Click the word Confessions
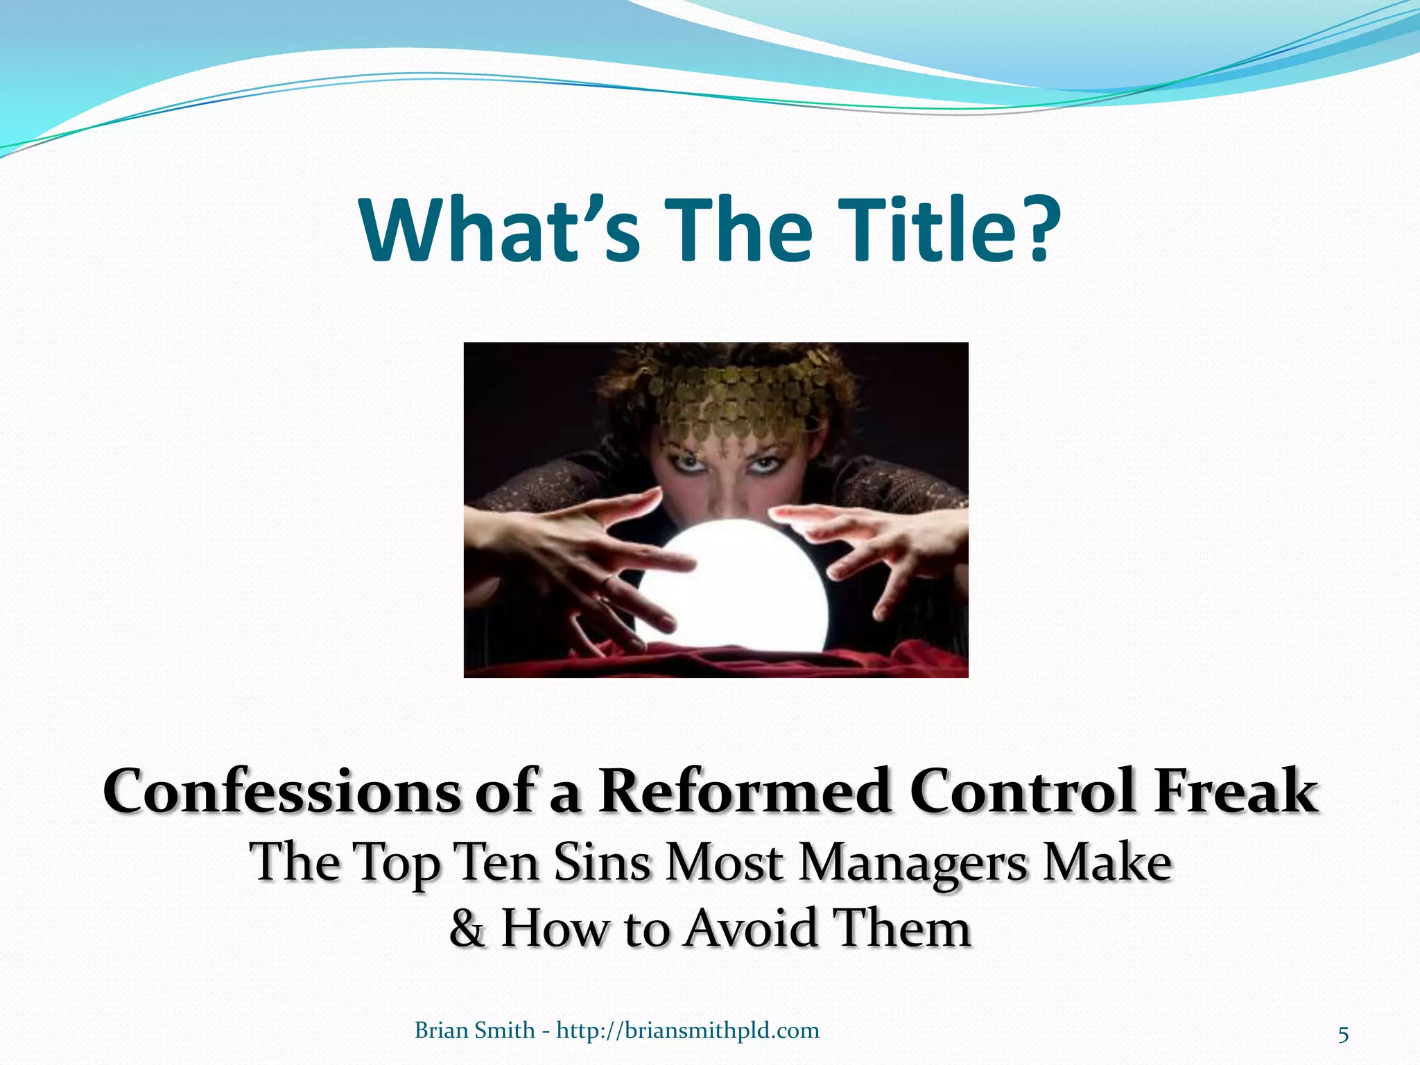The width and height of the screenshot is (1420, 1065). [x=282, y=792]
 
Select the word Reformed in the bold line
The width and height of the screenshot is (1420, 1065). [x=745, y=792]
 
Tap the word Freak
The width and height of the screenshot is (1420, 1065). [x=1236, y=792]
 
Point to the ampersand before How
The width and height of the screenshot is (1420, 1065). [x=467, y=929]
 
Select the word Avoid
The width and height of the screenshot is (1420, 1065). [x=750, y=929]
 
